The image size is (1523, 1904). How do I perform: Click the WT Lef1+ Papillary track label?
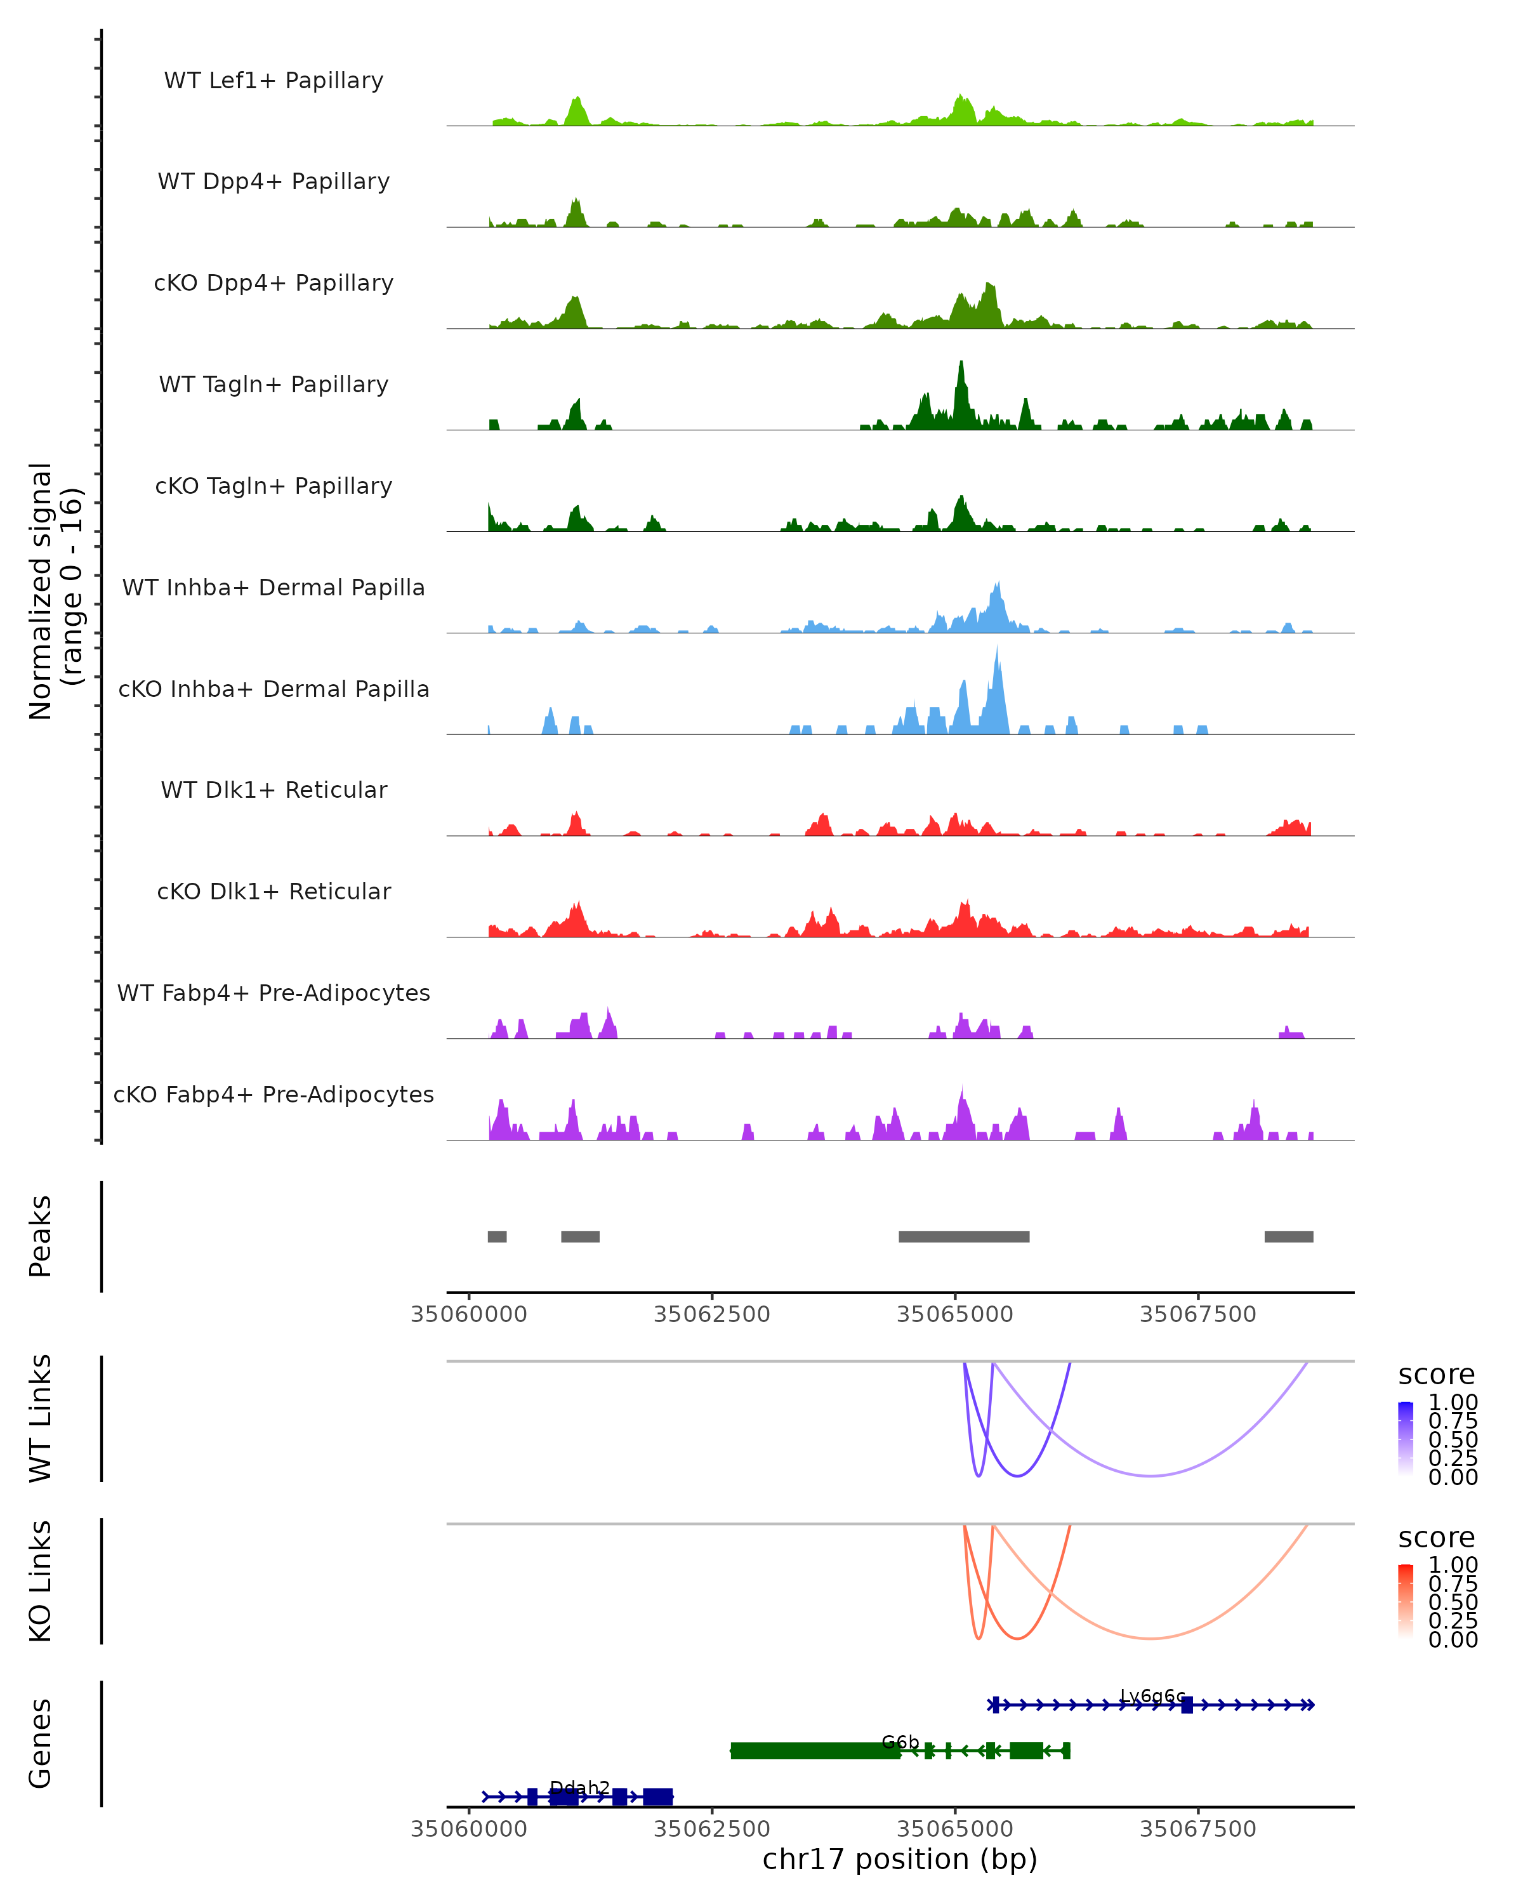coord(274,81)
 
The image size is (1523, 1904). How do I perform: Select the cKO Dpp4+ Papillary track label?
coord(274,284)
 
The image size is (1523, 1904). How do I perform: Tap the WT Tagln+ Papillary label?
coord(274,385)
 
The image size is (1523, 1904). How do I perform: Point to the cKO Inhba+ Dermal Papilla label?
coord(274,690)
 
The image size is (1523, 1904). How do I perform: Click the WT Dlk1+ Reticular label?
coord(274,790)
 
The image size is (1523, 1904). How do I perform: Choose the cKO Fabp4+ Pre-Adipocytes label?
coord(274,1095)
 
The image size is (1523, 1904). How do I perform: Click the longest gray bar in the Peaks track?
coord(963,1236)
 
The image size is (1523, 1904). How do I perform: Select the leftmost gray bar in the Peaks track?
coord(497,1236)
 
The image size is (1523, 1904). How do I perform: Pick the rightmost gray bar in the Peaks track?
coord(1288,1236)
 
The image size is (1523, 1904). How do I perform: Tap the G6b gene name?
coord(900,1742)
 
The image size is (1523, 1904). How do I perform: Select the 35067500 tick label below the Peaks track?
coord(1197,1314)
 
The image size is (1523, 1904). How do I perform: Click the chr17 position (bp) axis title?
coord(900,1860)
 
